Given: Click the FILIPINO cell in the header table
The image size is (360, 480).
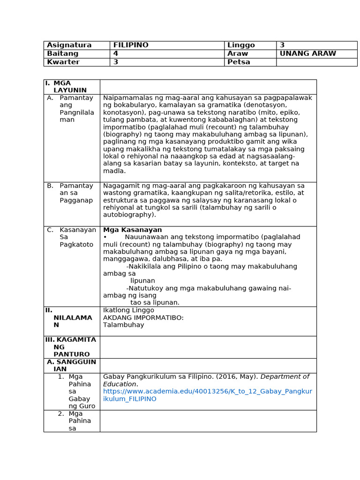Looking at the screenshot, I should (131, 45).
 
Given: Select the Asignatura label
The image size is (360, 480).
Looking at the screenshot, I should (69, 45).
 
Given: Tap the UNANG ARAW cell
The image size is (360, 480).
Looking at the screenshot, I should (308, 54).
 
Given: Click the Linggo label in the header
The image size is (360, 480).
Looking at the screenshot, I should (241, 45).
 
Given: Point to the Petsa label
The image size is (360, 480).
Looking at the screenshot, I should (239, 62).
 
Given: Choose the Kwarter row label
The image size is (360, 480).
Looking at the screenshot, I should (63, 62).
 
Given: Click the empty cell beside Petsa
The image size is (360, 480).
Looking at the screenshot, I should (316, 62).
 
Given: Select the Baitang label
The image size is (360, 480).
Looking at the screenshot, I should (63, 54).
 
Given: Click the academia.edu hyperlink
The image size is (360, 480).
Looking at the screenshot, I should (207, 395).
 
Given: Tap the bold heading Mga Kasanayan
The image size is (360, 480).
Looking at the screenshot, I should (133, 230).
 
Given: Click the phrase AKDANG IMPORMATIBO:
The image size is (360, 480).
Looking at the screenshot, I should (143, 318).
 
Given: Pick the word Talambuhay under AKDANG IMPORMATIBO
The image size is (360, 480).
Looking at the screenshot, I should (124, 325).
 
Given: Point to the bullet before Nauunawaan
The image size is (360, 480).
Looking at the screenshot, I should (105, 237).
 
